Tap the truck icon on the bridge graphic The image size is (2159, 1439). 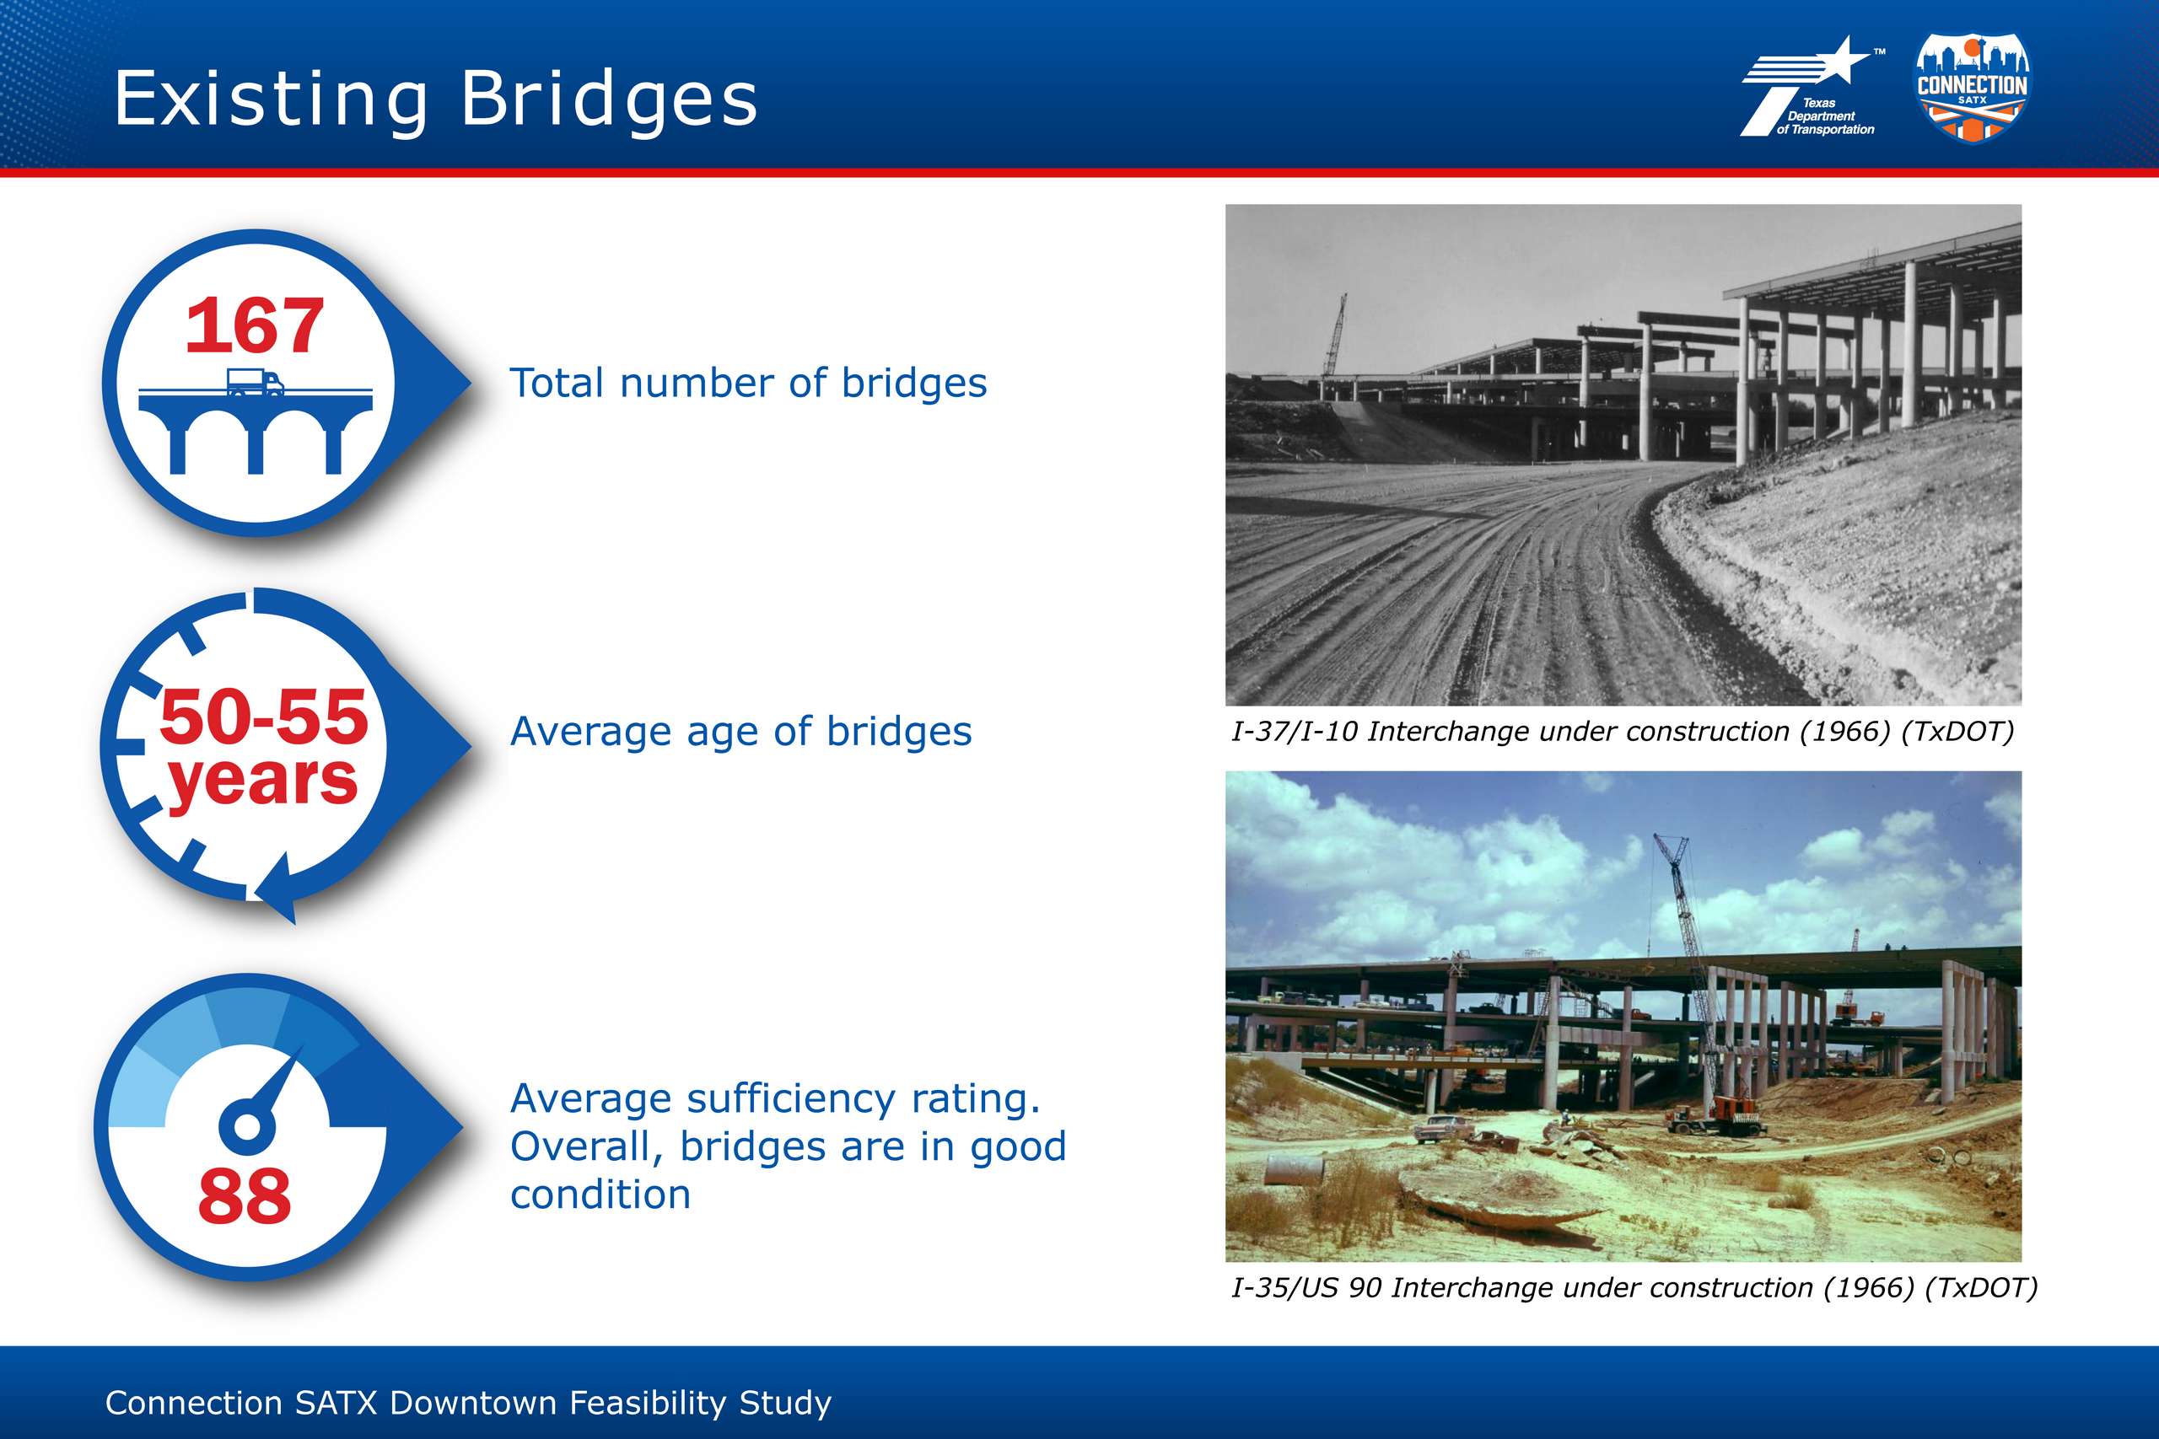[256, 382]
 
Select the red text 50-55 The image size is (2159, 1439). [263, 716]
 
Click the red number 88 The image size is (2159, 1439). [245, 1196]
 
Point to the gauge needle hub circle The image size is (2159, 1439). [247, 1125]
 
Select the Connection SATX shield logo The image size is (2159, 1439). [1972, 87]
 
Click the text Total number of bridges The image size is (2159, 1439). [748, 383]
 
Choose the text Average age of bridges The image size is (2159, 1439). [740, 732]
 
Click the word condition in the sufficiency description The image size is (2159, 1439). [600, 1194]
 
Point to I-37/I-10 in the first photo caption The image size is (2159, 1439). [1295, 732]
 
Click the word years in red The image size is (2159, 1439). [262, 780]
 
